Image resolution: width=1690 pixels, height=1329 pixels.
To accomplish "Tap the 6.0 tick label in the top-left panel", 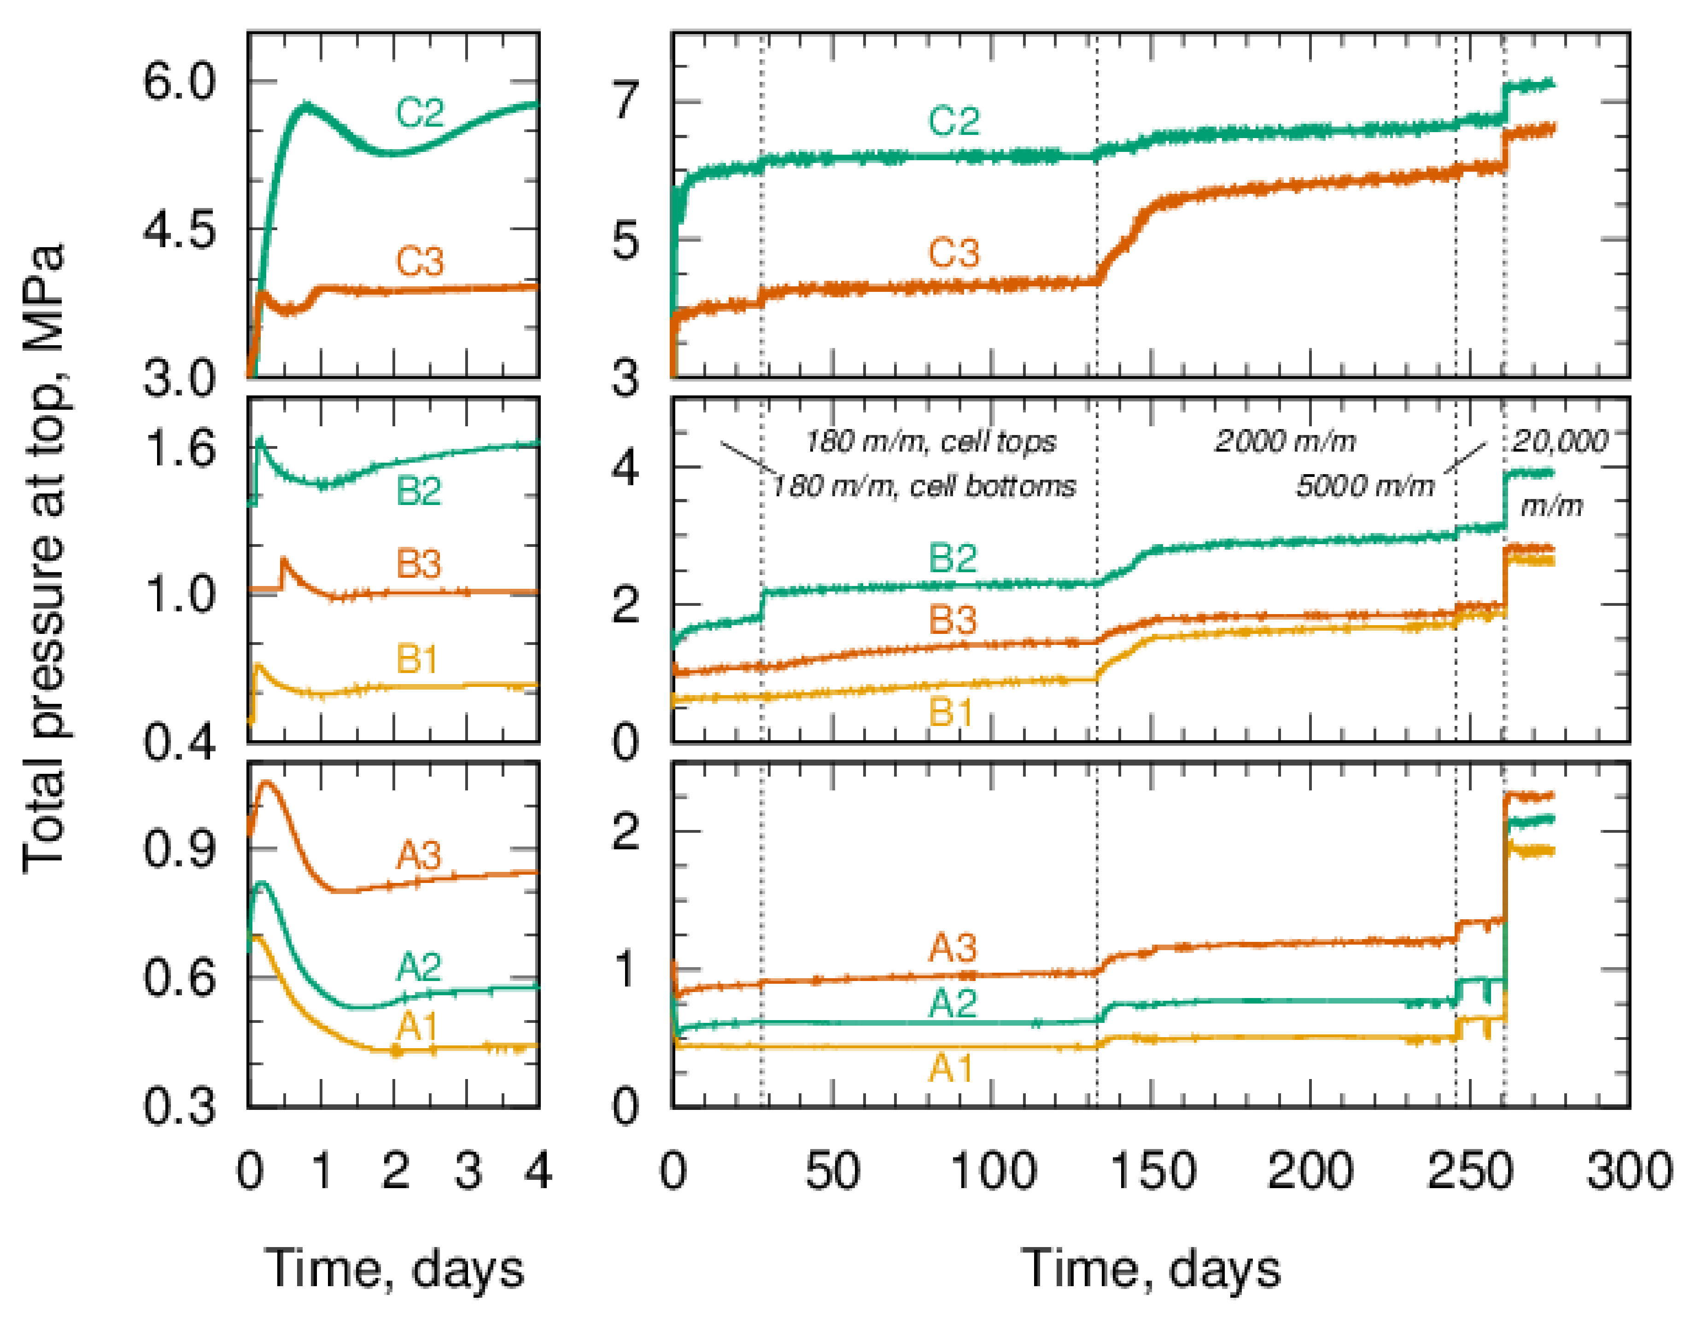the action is point(179,81).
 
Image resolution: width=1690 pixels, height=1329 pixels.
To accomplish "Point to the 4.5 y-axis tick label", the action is point(179,230).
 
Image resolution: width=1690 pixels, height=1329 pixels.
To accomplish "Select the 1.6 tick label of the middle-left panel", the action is point(179,448).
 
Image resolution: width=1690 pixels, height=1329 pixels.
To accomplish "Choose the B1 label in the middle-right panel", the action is point(951,711).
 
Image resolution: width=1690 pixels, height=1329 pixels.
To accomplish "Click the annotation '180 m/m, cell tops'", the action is point(931,442).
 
